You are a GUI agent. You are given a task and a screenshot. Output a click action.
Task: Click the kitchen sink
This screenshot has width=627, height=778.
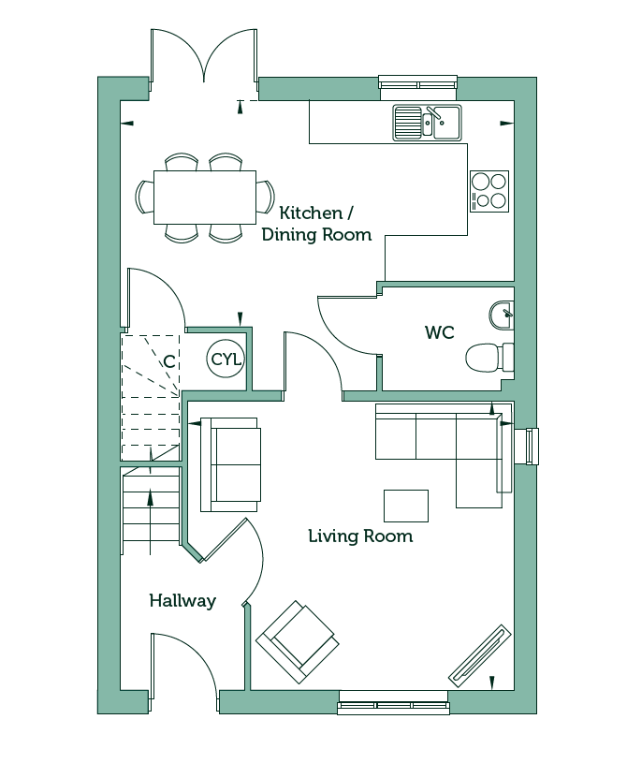point(427,123)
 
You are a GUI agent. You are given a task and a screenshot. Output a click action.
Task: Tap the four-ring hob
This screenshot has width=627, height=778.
point(489,192)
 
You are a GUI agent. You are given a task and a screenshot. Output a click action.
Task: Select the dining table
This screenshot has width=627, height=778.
point(205,198)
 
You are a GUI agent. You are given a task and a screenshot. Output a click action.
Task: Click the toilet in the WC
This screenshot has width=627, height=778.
point(489,358)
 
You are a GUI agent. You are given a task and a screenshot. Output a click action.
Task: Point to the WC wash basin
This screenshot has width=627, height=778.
point(502,315)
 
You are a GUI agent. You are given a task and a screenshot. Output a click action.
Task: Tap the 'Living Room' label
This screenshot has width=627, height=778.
point(360,536)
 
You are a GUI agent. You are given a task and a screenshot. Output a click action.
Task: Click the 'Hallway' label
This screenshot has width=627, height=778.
point(182,601)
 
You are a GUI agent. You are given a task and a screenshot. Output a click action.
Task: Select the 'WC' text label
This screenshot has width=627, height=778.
point(440,332)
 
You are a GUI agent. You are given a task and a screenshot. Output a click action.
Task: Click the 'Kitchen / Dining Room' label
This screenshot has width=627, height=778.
point(316,224)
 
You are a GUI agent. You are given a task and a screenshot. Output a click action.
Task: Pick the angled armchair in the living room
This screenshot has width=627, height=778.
point(298,642)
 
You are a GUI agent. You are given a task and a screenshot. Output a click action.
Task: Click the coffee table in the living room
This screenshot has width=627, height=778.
point(406,506)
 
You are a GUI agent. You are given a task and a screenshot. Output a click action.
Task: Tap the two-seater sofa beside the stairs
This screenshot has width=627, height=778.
point(230,464)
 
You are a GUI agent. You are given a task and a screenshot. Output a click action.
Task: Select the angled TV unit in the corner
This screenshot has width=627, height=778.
point(480,655)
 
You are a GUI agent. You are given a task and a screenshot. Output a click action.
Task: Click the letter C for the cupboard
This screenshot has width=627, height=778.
point(169,361)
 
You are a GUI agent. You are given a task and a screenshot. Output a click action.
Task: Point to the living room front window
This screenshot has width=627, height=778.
point(393,708)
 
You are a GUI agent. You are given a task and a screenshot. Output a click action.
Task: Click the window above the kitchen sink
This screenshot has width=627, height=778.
point(417,81)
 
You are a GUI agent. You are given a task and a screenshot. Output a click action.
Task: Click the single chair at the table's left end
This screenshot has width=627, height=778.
point(144,197)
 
